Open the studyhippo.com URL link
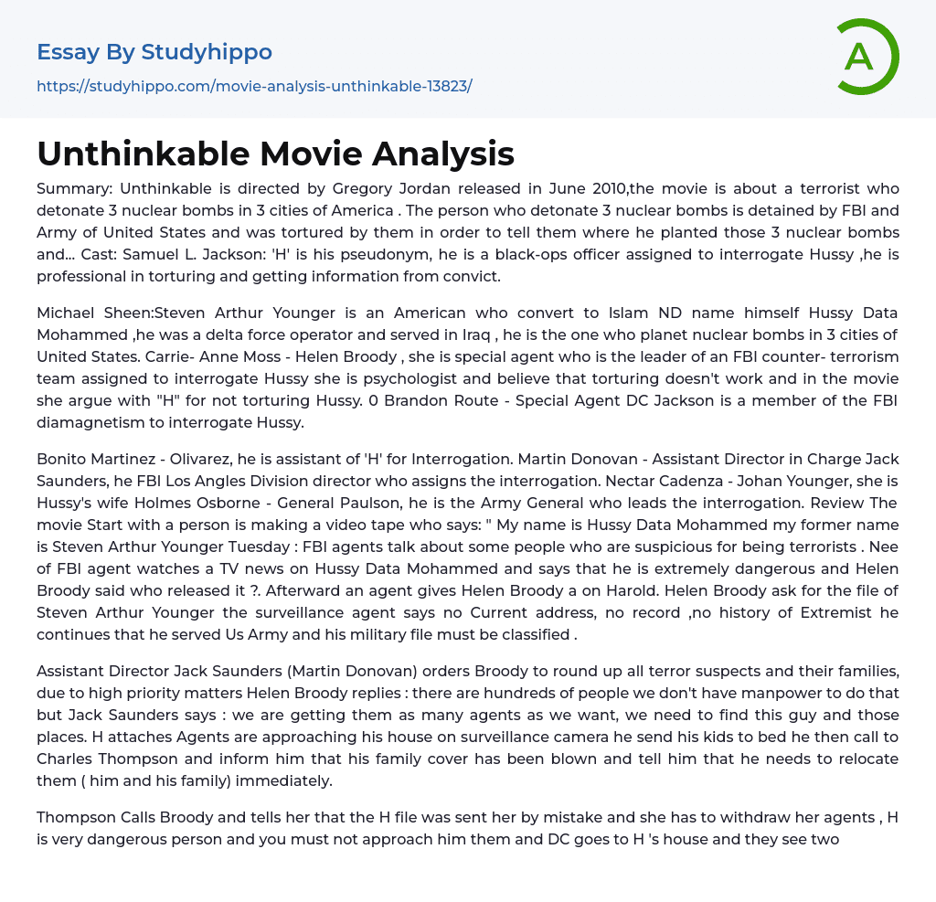pyautogui.click(x=254, y=87)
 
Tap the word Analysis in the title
pyautogui.click(x=433, y=154)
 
